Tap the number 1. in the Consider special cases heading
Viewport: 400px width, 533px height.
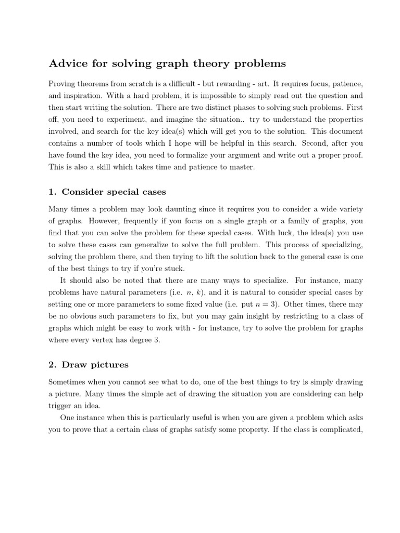(53, 192)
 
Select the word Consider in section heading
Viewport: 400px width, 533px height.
(80, 192)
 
